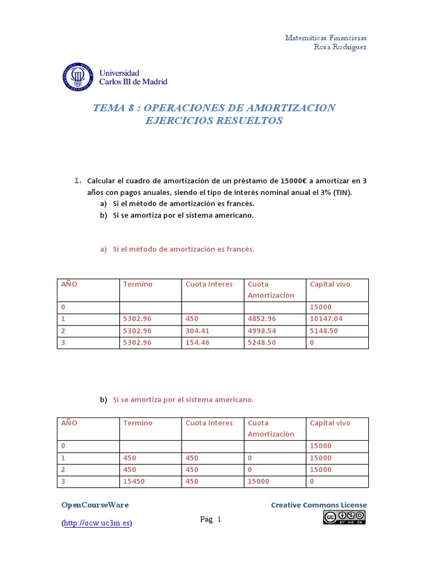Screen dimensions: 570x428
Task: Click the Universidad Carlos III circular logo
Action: point(77,77)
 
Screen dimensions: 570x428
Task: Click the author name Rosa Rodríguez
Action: point(341,47)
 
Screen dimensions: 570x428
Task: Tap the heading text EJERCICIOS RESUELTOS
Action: point(213,121)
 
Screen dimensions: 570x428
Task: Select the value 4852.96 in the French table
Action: point(262,320)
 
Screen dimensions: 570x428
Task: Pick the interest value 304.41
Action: point(198,331)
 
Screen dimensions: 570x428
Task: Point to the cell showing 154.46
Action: point(198,343)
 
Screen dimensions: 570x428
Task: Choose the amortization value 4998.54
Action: point(262,331)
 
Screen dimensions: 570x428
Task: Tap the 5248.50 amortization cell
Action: point(262,343)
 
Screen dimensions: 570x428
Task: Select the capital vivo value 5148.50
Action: point(323,331)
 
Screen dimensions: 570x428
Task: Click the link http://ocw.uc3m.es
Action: point(97,523)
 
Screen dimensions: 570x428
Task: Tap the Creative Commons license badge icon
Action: point(344,518)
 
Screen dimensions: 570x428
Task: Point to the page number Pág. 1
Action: point(211,520)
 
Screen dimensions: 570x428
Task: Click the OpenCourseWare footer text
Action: point(95,505)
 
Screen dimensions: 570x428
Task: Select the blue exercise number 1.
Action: point(77,181)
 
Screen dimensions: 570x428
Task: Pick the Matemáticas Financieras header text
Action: point(325,38)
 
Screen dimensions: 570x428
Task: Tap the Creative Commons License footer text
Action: point(319,505)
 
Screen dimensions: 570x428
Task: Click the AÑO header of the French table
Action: point(69,284)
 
